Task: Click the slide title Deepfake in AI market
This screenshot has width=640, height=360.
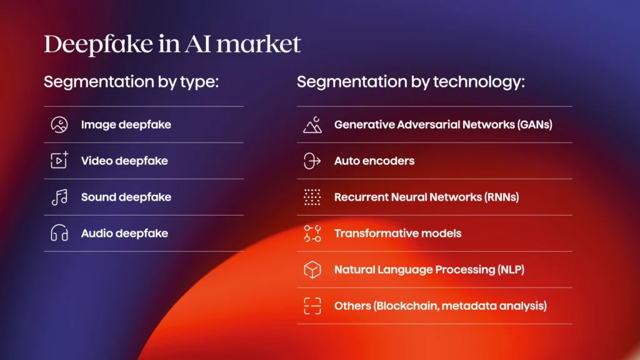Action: coord(172,44)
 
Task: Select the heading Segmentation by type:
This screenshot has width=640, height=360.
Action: coord(131,82)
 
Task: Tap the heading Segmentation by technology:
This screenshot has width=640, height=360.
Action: coord(411,82)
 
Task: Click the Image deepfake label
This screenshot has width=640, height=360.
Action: coord(126,125)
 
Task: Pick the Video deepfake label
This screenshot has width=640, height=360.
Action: coord(124,161)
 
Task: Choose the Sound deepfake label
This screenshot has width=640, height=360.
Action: coord(126,197)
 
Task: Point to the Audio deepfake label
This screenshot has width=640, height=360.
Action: coord(124,234)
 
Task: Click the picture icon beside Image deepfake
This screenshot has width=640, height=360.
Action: coord(59,125)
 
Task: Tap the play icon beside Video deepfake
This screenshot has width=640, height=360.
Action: coord(59,161)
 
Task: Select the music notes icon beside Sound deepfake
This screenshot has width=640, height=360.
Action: coord(59,197)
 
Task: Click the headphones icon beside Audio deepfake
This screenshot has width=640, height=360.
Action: coord(59,234)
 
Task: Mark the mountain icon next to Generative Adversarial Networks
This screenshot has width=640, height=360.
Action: coord(312,125)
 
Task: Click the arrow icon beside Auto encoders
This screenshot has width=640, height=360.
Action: coord(312,161)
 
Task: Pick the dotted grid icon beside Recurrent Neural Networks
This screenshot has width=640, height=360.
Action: coord(312,197)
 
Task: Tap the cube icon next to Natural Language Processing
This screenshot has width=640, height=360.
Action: coord(312,270)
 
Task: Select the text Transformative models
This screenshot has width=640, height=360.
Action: coord(397,234)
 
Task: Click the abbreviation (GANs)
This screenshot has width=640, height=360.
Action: coord(535,125)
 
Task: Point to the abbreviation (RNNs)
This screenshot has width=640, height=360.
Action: coord(501,197)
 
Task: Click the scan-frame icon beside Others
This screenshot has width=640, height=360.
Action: coord(312,306)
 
